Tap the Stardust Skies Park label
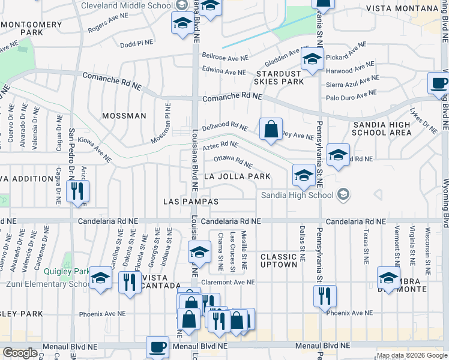279,76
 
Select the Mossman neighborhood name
124,116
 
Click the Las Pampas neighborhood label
191,202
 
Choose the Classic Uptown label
279,260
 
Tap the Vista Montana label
402,8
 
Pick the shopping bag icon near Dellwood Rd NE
271,129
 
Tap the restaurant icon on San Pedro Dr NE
77,191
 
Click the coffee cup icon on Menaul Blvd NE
158,347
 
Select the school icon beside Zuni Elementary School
100,279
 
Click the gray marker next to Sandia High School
343,194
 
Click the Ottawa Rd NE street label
233,162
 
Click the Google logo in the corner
20,353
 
